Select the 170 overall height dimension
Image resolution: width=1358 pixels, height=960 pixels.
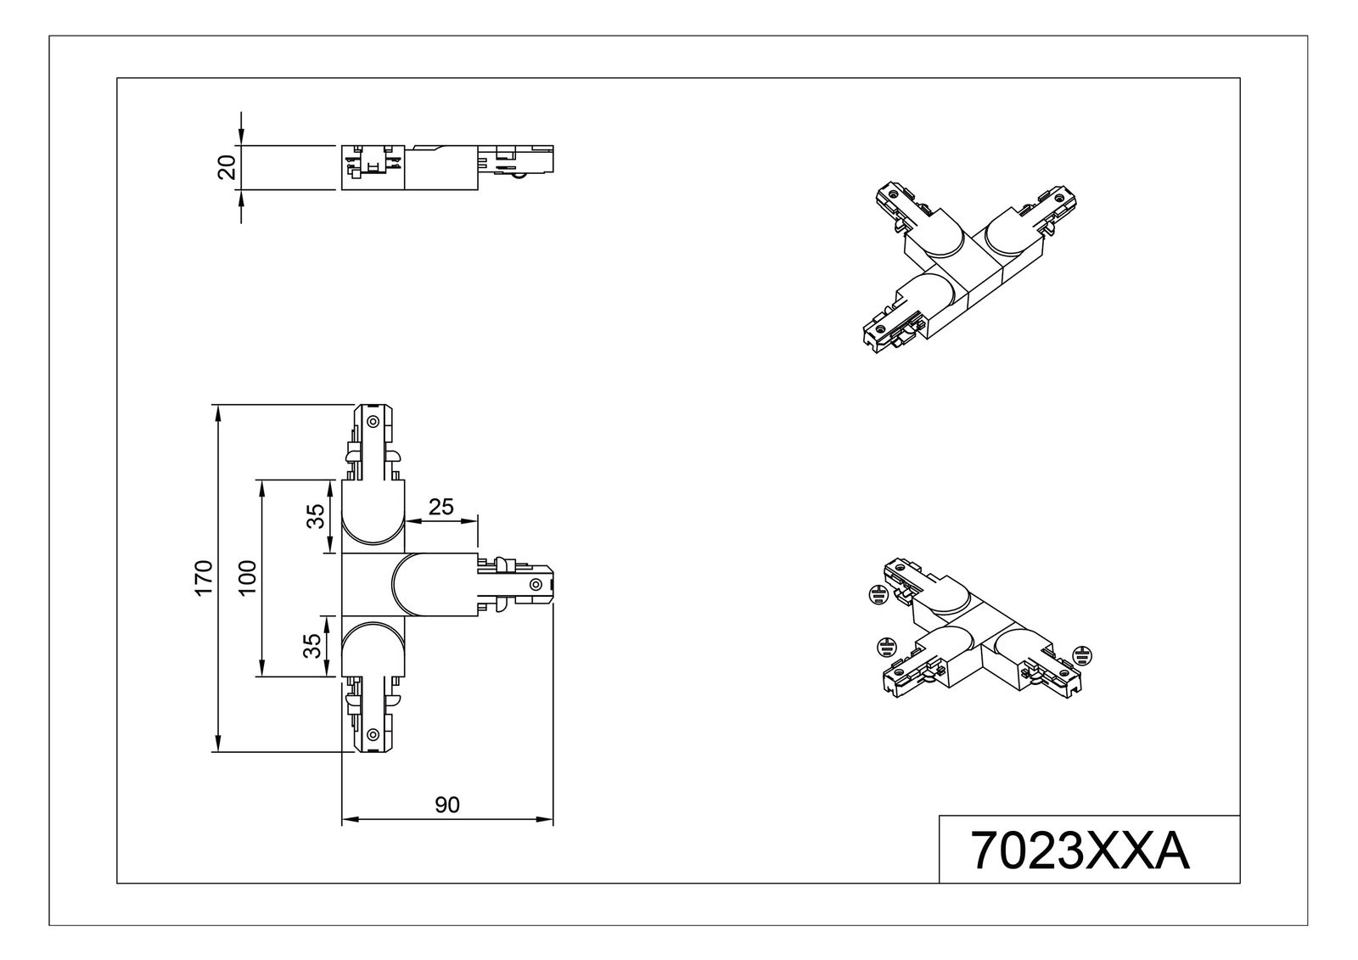pos(203,578)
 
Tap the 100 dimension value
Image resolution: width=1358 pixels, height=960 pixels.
pos(247,578)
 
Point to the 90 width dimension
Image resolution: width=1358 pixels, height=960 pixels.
pos(446,805)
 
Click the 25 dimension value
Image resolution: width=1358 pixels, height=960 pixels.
pos(441,507)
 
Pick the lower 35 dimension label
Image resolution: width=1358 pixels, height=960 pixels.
pos(315,646)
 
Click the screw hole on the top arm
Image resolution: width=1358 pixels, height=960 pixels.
pos(373,422)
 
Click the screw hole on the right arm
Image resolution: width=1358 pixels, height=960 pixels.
pos(536,584)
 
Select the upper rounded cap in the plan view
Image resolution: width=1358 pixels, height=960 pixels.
pos(373,519)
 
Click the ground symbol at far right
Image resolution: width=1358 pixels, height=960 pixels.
pos(1081,655)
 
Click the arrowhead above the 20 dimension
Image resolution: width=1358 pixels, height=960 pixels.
pos(242,138)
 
